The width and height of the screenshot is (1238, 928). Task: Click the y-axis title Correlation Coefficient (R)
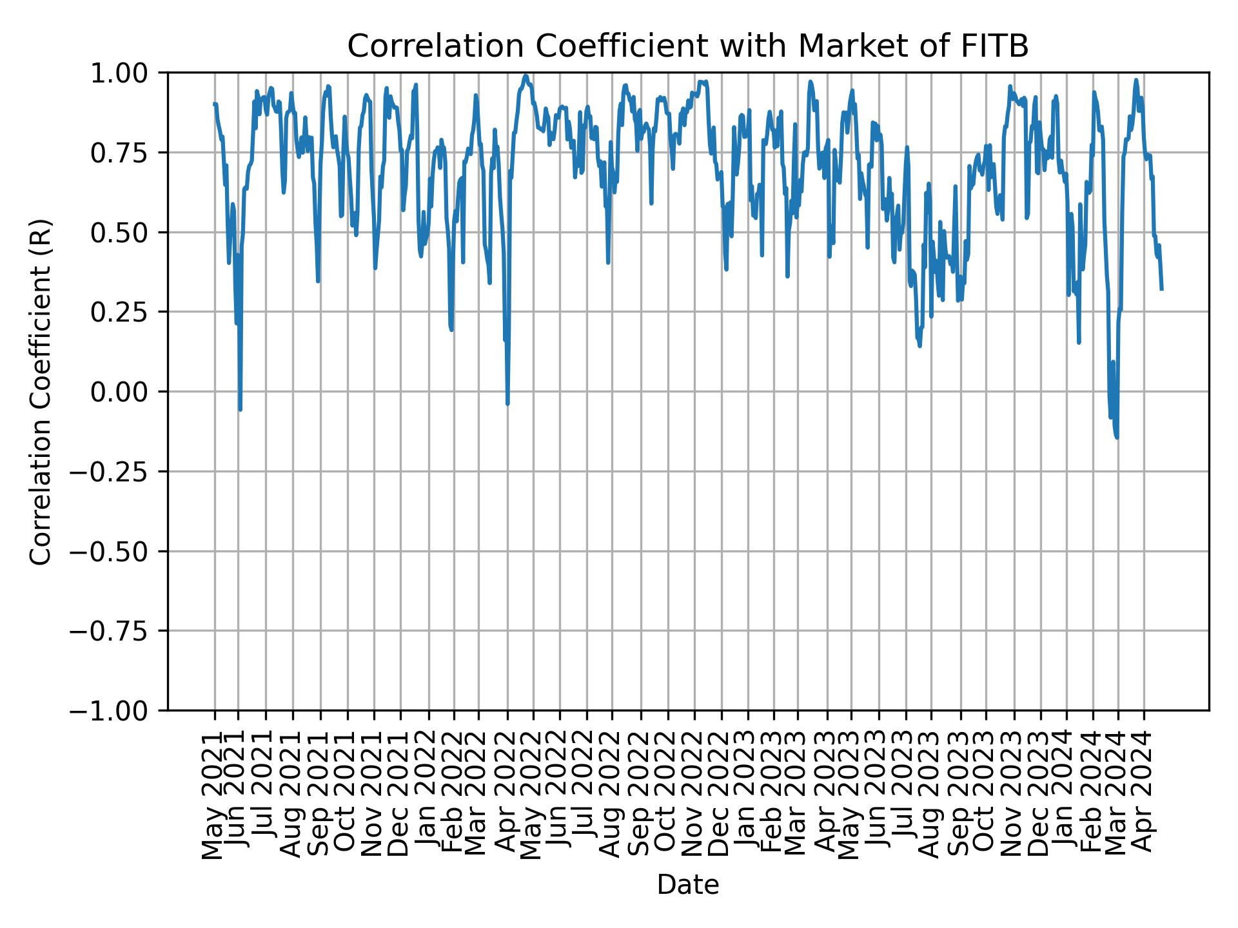41,391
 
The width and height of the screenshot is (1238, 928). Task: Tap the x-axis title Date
688,885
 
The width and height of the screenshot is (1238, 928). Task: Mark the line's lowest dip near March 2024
1116,438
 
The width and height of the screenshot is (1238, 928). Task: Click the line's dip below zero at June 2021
240,409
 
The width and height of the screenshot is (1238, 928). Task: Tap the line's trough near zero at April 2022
507,403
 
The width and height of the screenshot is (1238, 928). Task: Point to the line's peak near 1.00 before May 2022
526,76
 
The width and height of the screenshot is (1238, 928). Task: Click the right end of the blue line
1161,289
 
